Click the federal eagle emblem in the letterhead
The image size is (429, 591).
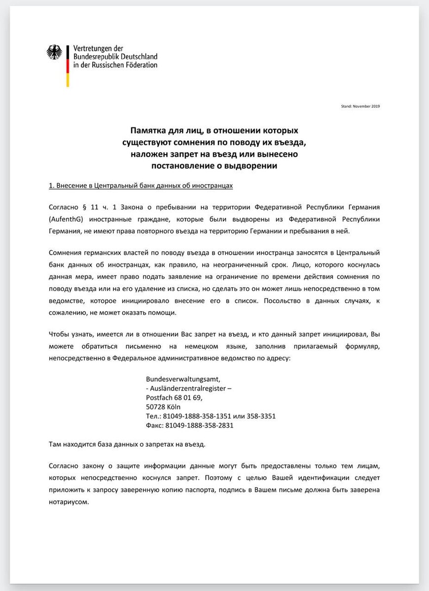[x=54, y=52]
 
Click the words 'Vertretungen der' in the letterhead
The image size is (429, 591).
[x=98, y=49]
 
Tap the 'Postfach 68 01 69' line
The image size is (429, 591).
[x=174, y=397]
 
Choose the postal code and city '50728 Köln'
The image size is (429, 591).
[x=163, y=407]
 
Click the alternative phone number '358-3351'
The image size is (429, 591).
[x=261, y=416]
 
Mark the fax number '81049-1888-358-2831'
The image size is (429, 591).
[x=199, y=426]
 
